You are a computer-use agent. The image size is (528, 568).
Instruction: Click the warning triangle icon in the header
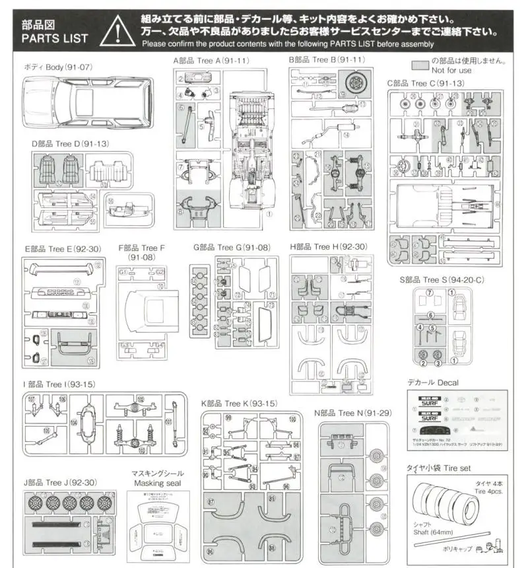click(117, 30)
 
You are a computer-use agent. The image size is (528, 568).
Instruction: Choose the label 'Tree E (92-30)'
click(63, 249)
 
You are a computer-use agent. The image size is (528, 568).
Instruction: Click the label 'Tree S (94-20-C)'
click(442, 279)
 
